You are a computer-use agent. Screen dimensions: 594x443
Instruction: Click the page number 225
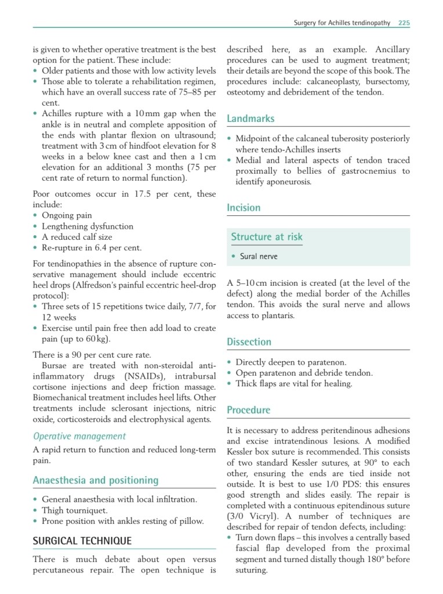click(x=404, y=23)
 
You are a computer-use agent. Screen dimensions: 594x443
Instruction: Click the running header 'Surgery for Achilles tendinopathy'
click(x=341, y=23)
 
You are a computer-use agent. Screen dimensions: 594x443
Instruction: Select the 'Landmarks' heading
click(x=250, y=118)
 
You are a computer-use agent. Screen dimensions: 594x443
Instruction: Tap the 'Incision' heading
click(x=244, y=207)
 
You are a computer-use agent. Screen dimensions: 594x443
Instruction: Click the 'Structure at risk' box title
click(x=267, y=236)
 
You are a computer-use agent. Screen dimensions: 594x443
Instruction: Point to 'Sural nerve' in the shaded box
click(x=259, y=256)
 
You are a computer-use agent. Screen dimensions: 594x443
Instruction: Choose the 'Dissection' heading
click(x=249, y=341)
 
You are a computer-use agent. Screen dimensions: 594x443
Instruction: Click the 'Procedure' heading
click(x=248, y=410)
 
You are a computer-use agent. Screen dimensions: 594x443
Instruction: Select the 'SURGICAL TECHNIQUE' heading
click(x=82, y=541)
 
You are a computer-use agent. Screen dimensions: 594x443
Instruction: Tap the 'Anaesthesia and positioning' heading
click(x=96, y=480)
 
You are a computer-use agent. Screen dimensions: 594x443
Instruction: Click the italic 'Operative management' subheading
click(x=79, y=436)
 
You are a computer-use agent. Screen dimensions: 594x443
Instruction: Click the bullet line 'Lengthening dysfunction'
click(x=88, y=226)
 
